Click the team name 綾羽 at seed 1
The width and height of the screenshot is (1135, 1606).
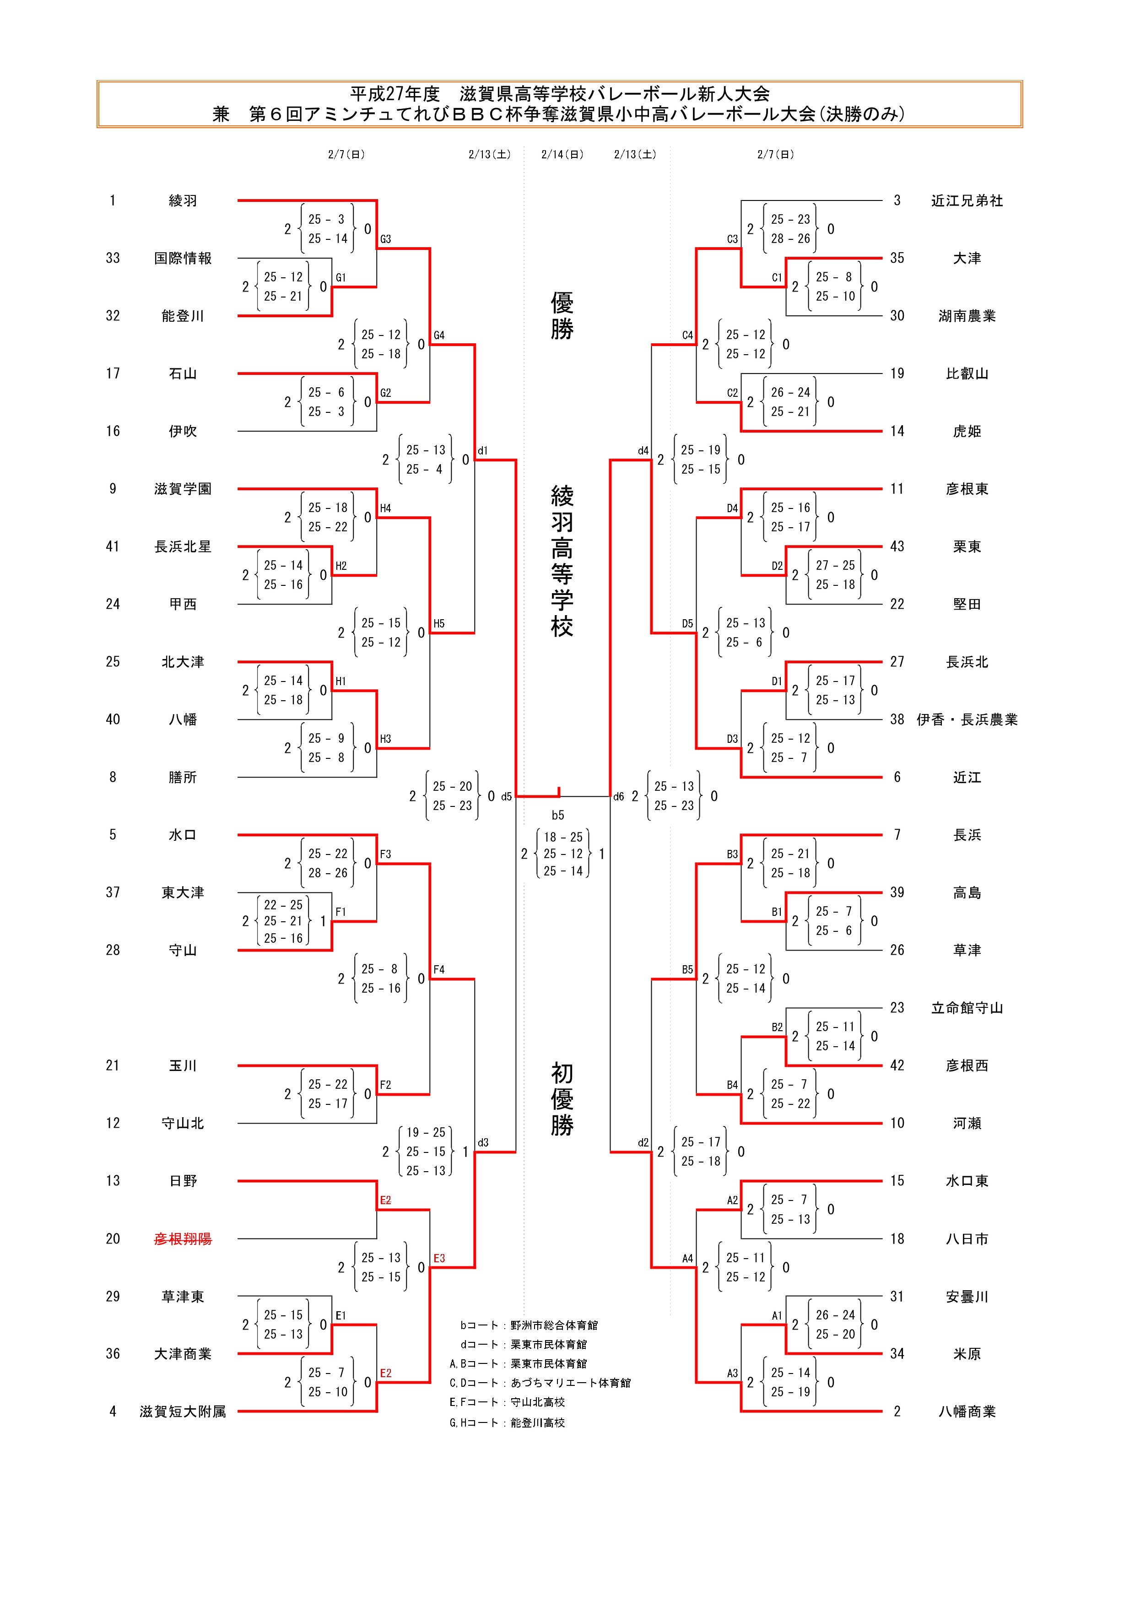click(x=183, y=201)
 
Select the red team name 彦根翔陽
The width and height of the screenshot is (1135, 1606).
click(x=183, y=1239)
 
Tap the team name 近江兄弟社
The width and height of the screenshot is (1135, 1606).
click(x=967, y=201)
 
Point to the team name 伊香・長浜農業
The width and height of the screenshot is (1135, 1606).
click(x=967, y=720)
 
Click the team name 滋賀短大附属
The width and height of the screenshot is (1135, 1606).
click(x=183, y=1411)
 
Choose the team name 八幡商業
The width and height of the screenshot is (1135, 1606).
click(x=967, y=1411)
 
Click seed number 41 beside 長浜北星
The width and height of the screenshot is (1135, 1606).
click(x=113, y=546)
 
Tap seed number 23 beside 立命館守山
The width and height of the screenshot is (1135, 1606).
click(x=897, y=1008)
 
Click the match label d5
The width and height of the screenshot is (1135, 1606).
click(x=506, y=797)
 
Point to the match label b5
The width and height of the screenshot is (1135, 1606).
click(x=557, y=815)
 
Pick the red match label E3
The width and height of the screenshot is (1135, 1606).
click(x=439, y=1258)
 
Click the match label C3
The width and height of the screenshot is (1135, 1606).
click(x=732, y=239)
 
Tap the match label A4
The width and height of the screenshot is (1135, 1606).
click(x=687, y=1258)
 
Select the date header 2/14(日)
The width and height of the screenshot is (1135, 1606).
click(x=562, y=155)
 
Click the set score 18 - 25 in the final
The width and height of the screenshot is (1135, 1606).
click(x=563, y=837)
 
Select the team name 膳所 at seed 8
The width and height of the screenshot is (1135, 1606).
click(x=183, y=777)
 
